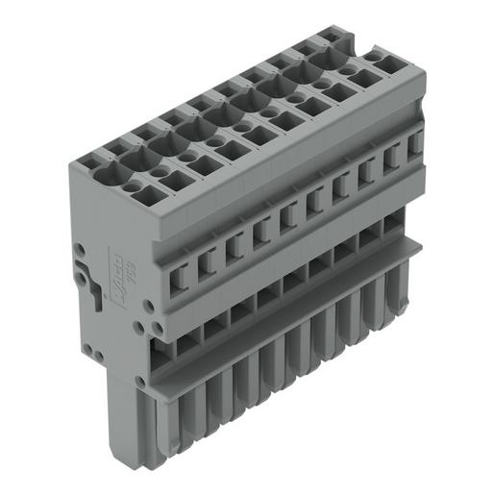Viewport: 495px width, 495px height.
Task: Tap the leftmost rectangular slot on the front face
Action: [x=177, y=279]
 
